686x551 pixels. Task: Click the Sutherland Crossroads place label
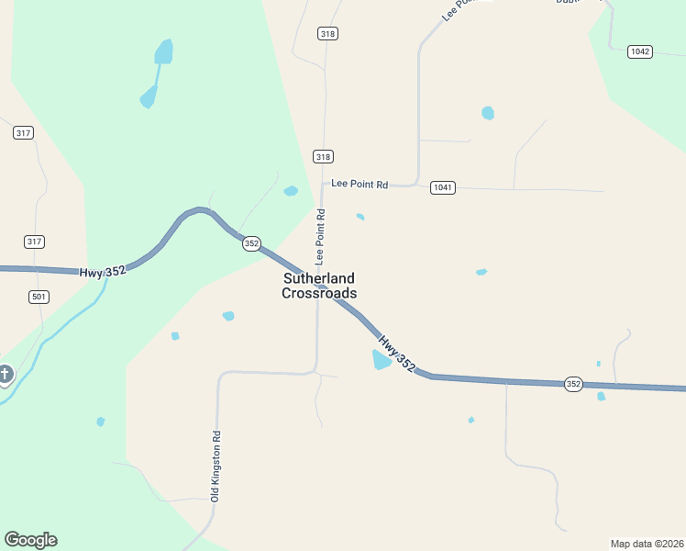[318, 286]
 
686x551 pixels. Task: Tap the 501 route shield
[39, 297]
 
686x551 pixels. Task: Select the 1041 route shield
[443, 186]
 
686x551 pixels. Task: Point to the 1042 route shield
[640, 51]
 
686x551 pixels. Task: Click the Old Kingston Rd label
[216, 466]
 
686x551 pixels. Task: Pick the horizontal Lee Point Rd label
[360, 185]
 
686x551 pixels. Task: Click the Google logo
[30, 540]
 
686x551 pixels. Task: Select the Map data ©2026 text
[647, 543]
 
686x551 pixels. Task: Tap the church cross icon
[6, 375]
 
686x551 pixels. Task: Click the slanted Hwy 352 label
[397, 354]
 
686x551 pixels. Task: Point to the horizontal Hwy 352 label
[102, 272]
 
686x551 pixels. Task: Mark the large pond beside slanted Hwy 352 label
[381, 360]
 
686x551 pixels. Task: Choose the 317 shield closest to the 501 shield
[35, 242]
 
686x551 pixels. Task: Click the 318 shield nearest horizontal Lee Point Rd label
[323, 156]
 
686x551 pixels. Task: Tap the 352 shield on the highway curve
[251, 243]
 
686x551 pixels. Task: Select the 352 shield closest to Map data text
[573, 384]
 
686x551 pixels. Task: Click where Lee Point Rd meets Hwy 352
[320, 287]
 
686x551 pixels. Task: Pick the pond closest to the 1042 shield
[488, 113]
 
